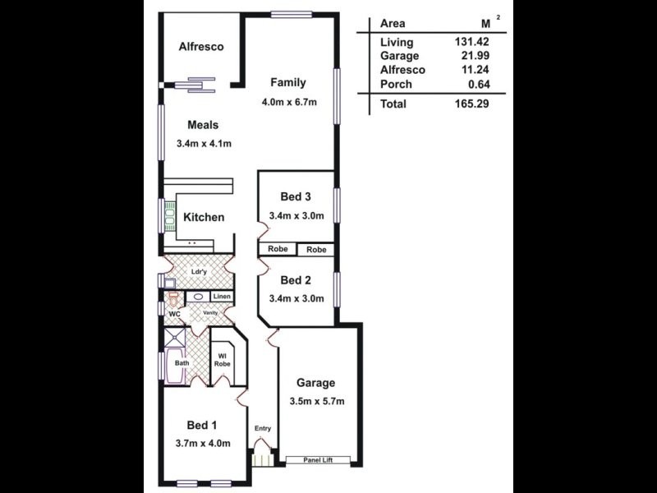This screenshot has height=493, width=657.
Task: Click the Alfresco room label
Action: pos(201,47)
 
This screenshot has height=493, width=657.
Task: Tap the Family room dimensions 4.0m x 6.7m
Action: pos(288,102)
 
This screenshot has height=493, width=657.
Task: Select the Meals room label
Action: pos(203,125)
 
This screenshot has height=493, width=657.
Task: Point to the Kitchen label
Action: pos(204,218)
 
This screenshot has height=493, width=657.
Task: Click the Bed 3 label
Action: pos(296,196)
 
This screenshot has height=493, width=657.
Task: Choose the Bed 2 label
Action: pos(296,280)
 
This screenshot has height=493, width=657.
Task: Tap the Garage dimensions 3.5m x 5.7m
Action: pos(316,402)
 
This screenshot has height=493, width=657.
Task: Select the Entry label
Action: pos(263,428)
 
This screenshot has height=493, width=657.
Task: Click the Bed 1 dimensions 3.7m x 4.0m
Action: pos(203,444)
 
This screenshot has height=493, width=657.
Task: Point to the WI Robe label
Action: pos(222,359)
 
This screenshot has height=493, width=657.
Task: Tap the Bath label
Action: pos(181,362)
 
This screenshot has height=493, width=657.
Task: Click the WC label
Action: pos(174,314)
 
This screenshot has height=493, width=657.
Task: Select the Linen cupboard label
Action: pos(222,297)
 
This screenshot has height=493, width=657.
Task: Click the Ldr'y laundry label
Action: pos(198,272)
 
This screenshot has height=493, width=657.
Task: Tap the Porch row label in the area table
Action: pos(396,84)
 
